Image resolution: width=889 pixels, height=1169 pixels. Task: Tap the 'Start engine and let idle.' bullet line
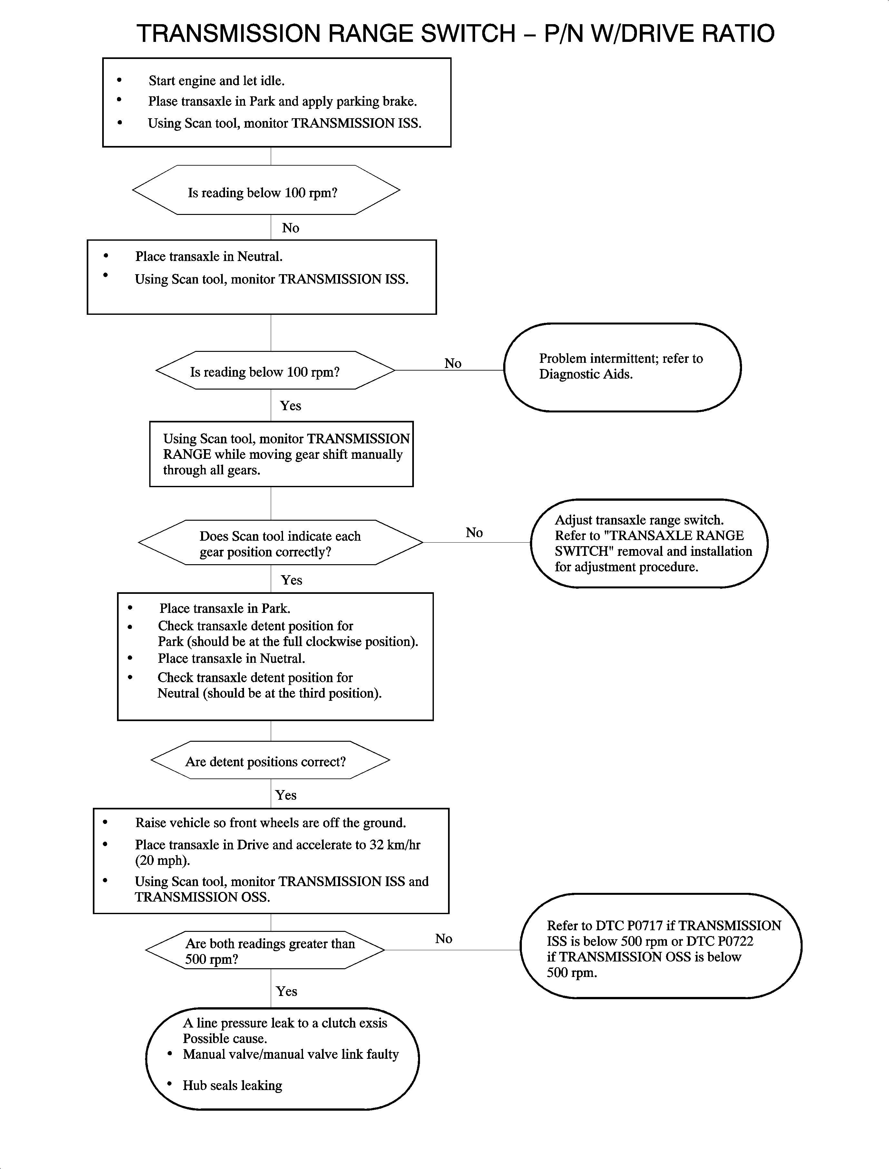click(x=216, y=81)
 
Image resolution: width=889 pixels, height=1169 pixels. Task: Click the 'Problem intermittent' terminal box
click(x=622, y=367)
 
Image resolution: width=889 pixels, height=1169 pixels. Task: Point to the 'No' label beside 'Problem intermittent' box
click(x=453, y=363)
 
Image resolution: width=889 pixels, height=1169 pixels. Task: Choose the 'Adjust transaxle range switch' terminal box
click(x=649, y=543)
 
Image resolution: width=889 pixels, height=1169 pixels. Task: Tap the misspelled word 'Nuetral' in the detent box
click(x=281, y=659)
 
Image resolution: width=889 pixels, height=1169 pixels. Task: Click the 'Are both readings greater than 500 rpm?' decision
click(x=265, y=951)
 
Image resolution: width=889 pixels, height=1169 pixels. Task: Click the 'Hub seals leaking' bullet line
click(x=232, y=1086)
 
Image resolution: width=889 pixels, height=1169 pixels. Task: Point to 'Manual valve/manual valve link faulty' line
click(x=290, y=1054)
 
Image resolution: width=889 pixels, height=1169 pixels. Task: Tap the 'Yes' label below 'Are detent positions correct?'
click(x=286, y=795)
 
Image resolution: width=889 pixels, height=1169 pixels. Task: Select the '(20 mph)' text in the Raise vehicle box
click(x=162, y=861)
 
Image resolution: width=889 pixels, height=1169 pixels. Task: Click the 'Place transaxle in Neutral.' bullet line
click(x=209, y=256)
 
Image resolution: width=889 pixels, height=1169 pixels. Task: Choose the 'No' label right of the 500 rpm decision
click(x=444, y=939)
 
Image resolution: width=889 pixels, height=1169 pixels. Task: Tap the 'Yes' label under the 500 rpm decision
click(x=286, y=991)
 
